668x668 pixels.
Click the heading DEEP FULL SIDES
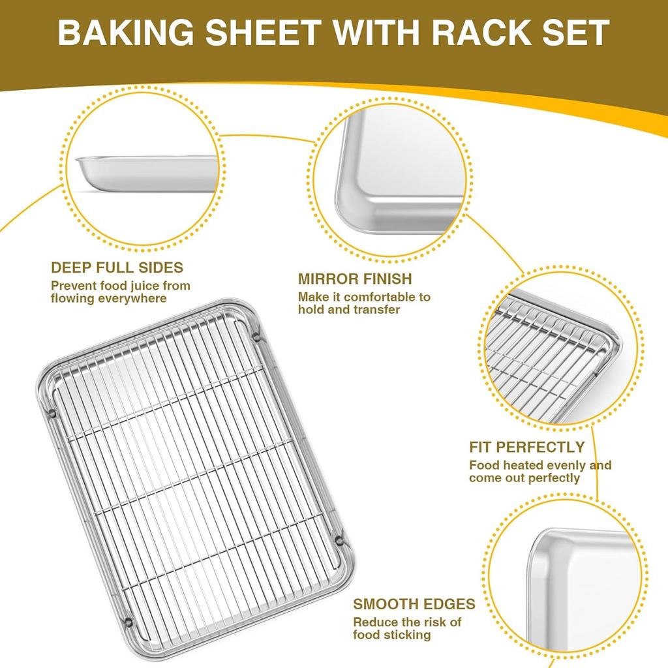[117, 267]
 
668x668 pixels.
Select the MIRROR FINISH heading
[355, 279]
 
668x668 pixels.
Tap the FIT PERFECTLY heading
[526, 448]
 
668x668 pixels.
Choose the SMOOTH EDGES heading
[414, 604]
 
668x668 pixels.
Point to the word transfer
[378, 310]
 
